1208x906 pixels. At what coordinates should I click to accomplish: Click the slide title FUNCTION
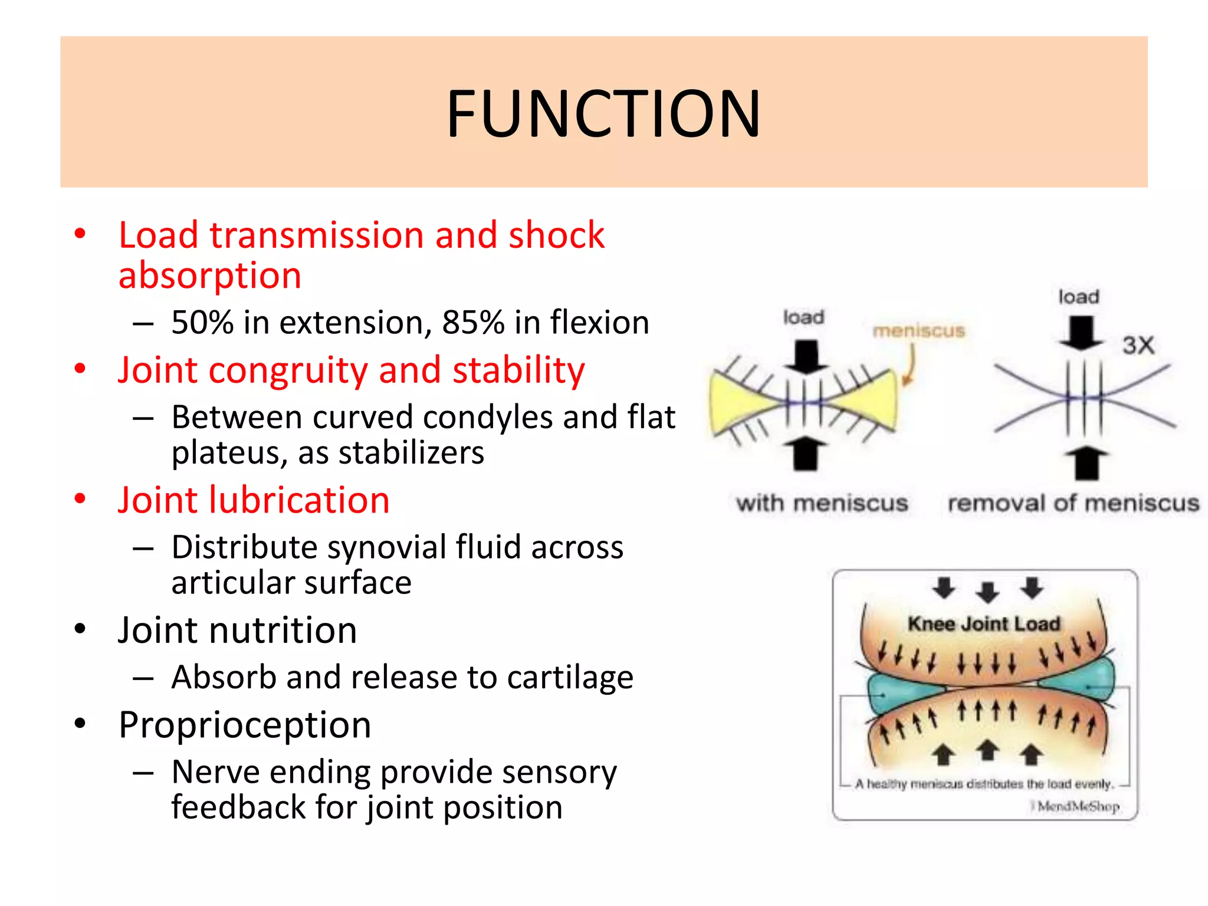coord(603,113)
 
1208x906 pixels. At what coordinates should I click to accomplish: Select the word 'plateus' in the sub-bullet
coord(227,453)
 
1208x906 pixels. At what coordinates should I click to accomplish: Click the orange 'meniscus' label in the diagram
coord(918,331)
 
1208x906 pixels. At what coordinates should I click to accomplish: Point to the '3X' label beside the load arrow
coord(1138,345)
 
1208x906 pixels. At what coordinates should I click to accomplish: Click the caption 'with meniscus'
coord(822,503)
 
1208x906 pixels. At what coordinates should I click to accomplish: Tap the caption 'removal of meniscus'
coord(1073,503)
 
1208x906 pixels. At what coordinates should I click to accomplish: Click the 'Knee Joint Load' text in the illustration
coord(983,623)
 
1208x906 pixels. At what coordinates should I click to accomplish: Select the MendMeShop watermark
coord(1077,806)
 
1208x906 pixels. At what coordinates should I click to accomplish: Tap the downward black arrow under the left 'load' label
coord(806,356)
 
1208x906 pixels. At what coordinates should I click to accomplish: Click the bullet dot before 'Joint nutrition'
coord(80,629)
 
